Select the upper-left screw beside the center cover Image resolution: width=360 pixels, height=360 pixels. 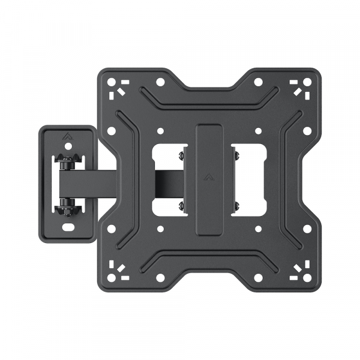[x=181, y=155]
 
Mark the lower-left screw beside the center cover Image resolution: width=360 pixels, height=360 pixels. [x=181, y=206]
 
